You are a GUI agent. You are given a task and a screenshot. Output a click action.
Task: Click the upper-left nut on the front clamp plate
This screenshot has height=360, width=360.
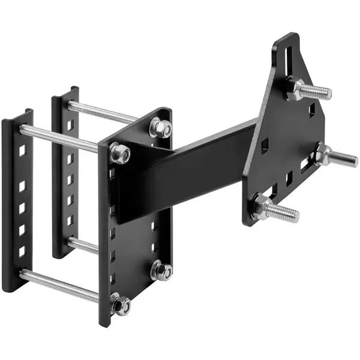pos(120,154)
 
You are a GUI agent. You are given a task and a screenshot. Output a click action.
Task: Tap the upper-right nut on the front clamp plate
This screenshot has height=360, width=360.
pos(161,128)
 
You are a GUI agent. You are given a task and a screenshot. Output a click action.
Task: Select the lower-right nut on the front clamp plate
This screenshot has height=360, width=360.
pos(161,270)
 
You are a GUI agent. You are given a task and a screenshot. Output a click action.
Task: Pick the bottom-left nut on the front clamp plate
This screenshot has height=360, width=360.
pos(121,305)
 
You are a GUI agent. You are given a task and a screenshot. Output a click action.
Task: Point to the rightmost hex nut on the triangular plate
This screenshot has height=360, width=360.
pos(323,154)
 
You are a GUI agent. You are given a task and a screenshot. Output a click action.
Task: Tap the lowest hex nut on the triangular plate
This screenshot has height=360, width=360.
pos(262,208)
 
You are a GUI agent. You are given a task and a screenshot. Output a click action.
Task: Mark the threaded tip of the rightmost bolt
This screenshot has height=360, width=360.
pos(350,160)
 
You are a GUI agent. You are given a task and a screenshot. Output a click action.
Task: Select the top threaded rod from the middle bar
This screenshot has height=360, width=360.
pos(102,112)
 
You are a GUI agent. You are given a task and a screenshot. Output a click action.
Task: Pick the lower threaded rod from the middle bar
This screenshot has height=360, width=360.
pos(84,244)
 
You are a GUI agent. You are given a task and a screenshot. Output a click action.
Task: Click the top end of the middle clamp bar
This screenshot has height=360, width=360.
pos(66,92)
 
